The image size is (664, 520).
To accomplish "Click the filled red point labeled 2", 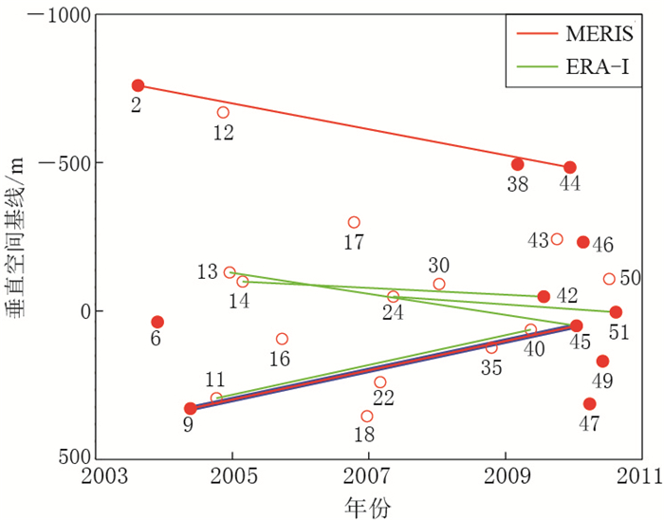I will point(138,86).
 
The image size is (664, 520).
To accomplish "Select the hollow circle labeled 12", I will point(223,113).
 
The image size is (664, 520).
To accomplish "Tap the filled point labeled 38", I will point(518,164).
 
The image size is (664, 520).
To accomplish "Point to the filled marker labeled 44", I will point(570,168).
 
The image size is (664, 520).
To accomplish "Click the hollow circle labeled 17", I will point(354,222).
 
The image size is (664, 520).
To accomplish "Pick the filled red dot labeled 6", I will point(157,323).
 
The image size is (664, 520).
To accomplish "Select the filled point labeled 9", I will point(190,409).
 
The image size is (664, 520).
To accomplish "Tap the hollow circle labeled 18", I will point(367,417).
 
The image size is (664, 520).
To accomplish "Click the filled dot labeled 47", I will point(590,404).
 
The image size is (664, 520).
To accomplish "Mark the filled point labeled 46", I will point(583,242).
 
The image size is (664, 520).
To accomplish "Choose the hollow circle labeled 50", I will point(609,279).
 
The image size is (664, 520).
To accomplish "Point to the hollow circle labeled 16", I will point(282,339).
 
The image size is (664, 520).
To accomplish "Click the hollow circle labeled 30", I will point(439,284).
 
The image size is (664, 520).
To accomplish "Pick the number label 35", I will point(490,368).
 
